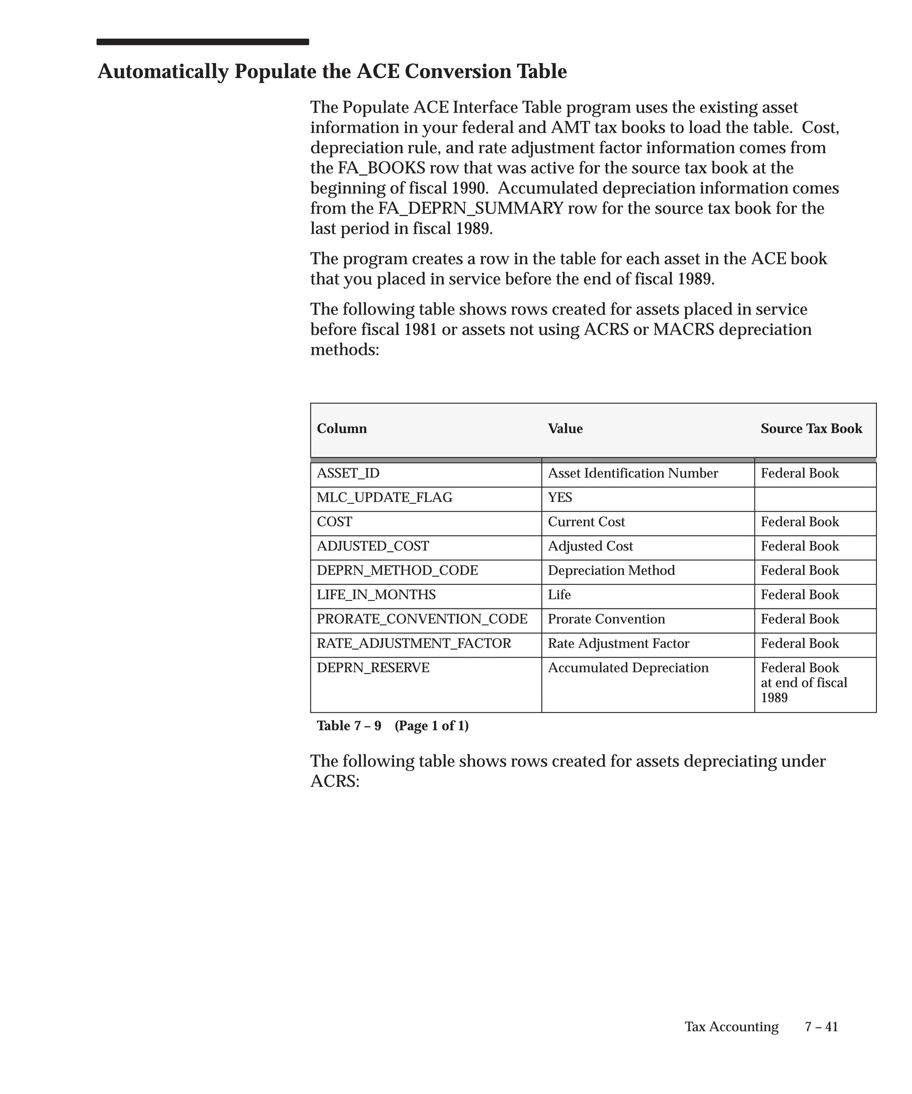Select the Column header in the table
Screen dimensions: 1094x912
tap(342, 429)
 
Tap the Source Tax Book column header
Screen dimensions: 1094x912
tap(811, 429)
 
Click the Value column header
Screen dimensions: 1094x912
tap(565, 429)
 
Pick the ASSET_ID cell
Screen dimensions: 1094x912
tap(348, 474)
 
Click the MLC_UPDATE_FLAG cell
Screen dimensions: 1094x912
tap(384, 498)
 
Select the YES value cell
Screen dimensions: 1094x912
tap(560, 498)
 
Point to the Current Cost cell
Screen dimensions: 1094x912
tap(586, 522)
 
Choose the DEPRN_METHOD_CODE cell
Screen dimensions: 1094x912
tap(397, 571)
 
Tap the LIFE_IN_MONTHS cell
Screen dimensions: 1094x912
tap(376, 595)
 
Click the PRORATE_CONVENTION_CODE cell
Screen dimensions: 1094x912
tap(422, 620)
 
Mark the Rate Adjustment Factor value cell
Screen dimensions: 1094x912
tap(618, 644)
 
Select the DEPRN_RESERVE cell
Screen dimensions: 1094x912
tap(373, 669)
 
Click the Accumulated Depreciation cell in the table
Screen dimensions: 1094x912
tap(628, 669)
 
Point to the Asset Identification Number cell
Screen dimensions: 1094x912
tap(633, 474)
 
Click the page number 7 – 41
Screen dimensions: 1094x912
tap(821, 1027)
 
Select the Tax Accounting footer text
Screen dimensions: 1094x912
tap(731, 1027)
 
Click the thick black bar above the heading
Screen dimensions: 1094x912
tap(203, 42)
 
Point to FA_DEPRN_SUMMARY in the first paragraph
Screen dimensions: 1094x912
tap(471, 209)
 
